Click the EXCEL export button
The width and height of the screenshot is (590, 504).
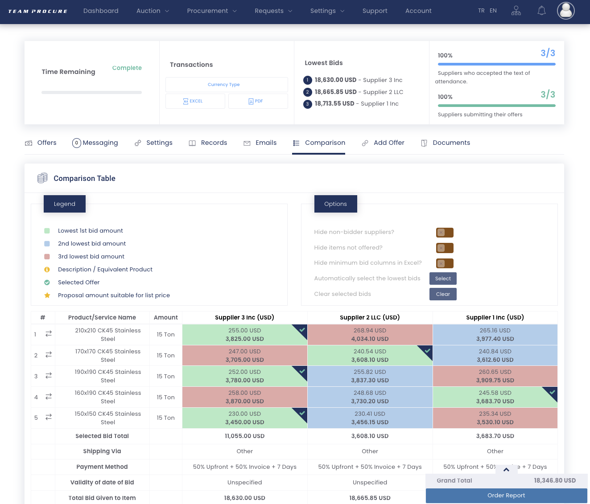click(x=195, y=101)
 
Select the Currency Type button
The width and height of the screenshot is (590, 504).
click(x=227, y=85)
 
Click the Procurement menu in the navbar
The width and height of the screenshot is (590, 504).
click(x=212, y=11)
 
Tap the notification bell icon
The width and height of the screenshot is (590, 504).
click(x=541, y=11)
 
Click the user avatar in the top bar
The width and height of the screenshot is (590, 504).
click(x=565, y=11)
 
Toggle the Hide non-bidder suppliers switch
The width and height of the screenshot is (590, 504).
click(x=445, y=233)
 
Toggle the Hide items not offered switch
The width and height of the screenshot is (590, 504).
click(x=445, y=248)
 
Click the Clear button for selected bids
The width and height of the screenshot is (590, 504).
click(x=443, y=294)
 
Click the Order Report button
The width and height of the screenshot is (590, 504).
click(x=506, y=496)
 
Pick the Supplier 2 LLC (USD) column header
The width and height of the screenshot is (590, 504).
click(x=370, y=318)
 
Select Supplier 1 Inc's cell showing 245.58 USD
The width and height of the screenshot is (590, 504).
click(x=495, y=397)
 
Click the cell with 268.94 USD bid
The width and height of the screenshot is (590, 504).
click(x=370, y=335)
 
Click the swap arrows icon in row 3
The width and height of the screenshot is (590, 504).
click(x=49, y=376)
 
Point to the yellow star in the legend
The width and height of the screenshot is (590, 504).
click(x=47, y=295)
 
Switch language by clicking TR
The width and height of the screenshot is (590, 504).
click(x=481, y=11)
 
